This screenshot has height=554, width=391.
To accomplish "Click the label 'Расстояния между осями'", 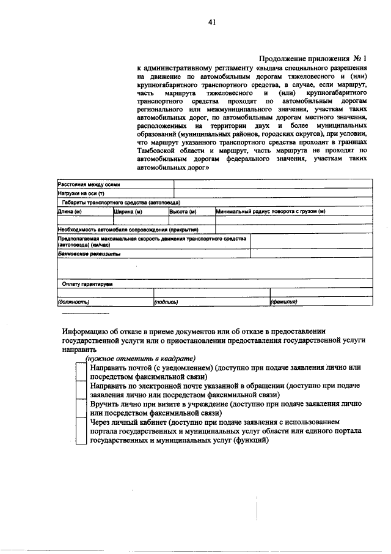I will tap(89, 184).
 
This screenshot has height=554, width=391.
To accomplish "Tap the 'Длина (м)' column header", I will tap(70, 211).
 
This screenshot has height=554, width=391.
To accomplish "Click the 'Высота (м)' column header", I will tap(182, 211).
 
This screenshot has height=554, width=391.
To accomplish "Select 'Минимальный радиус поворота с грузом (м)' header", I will tap(270, 211).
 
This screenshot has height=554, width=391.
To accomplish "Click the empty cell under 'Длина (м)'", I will tap(84, 220).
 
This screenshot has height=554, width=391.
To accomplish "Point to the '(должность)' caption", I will tap(74, 301).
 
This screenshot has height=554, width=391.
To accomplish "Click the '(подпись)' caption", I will tap(166, 301).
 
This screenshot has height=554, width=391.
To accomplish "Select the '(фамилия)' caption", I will tap(284, 301).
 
